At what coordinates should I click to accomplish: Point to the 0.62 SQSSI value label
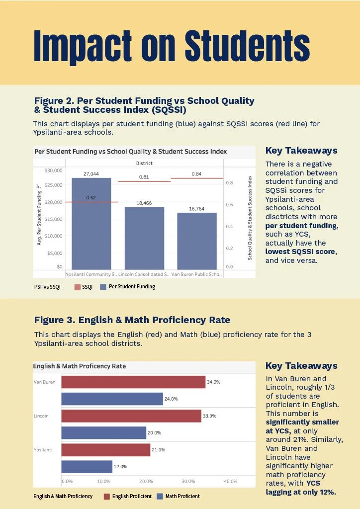coord(91,197)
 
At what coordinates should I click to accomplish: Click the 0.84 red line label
coord(196,174)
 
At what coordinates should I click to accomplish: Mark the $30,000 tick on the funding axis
coord(53,170)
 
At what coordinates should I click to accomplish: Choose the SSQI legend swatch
coord(78,287)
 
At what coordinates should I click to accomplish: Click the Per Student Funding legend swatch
coord(103,287)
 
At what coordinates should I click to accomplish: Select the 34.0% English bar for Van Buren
coord(133,382)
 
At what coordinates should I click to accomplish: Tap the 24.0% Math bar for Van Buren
coord(112,399)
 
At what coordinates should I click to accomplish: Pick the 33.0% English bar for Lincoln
coord(131,416)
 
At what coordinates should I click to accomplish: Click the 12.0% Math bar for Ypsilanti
coord(87,467)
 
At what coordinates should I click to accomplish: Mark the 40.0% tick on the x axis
coord(230,481)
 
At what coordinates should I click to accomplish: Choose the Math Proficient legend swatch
coord(160,496)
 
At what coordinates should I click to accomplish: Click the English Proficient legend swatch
coord(107,496)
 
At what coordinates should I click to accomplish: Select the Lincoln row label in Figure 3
coord(41,416)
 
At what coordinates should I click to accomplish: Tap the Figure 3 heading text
coord(132,320)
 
